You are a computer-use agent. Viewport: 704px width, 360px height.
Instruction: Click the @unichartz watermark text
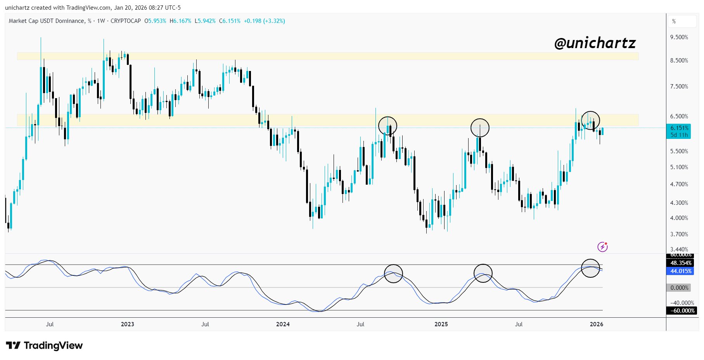click(x=595, y=43)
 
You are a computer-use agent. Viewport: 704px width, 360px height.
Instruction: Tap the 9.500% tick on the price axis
click(x=679, y=37)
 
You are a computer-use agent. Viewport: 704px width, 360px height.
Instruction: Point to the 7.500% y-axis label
click(x=679, y=87)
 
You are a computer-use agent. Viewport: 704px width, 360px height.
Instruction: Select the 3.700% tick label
click(x=679, y=234)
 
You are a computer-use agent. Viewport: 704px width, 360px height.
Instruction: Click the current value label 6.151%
click(x=680, y=128)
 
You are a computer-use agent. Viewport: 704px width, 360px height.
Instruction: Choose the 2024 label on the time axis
click(x=283, y=324)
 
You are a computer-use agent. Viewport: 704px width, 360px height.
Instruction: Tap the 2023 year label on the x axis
click(x=127, y=324)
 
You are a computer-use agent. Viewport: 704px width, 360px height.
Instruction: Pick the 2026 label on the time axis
click(x=596, y=324)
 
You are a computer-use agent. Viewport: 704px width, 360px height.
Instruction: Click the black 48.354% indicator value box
click(x=681, y=263)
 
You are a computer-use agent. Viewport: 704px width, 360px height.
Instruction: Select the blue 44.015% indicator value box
click(x=681, y=271)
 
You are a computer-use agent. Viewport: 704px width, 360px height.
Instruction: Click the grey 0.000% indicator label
click(x=680, y=288)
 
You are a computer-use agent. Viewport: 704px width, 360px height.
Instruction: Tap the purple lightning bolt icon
click(x=602, y=247)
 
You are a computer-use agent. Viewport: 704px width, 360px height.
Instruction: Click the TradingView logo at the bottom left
click(x=44, y=346)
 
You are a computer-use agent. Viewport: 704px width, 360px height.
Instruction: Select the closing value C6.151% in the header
click(x=230, y=21)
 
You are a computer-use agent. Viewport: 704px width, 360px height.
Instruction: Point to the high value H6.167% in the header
click(x=180, y=21)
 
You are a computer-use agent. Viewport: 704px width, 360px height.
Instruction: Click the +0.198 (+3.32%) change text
click(x=264, y=21)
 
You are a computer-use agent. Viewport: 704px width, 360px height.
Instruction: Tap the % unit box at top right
click(x=682, y=21)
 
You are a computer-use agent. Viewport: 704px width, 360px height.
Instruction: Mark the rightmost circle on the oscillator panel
click(x=590, y=268)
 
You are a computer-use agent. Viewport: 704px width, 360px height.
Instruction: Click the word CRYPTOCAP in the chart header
click(x=126, y=21)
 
